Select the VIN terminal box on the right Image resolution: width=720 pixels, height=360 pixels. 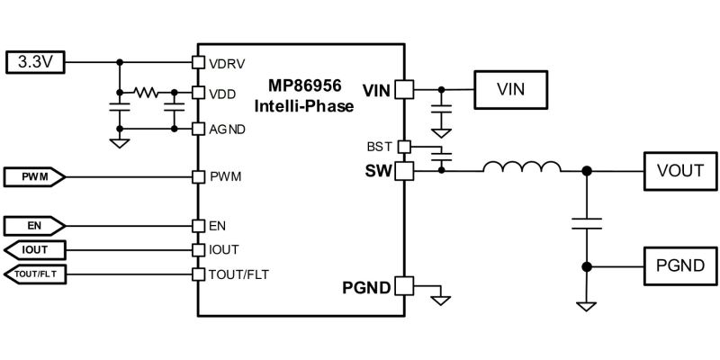click(510, 89)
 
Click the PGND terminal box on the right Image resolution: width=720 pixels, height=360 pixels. click(679, 266)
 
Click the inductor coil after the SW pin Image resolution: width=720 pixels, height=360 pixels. click(521, 167)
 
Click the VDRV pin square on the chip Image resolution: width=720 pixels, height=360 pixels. click(199, 63)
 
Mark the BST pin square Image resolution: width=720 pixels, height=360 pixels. click(403, 146)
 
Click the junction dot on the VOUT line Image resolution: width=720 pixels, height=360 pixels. click(587, 170)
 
